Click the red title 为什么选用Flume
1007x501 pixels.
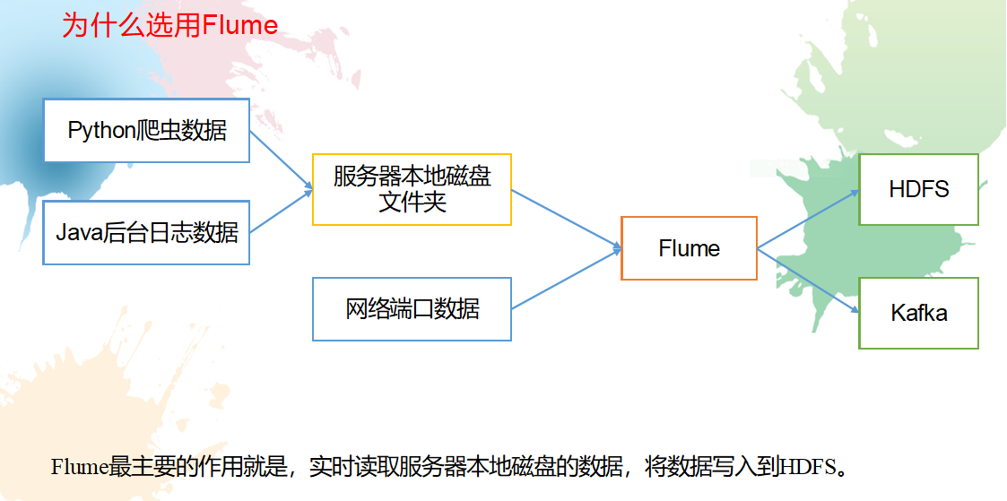[x=169, y=25]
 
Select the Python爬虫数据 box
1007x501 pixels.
[x=146, y=131]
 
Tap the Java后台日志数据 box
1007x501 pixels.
[x=146, y=233]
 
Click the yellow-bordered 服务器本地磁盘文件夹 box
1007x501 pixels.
[x=412, y=189]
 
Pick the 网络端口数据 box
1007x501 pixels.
[x=412, y=309]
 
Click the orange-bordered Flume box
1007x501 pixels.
[x=689, y=248]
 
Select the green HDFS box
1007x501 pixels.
[x=918, y=189]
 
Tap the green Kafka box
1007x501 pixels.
[x=918, y=313]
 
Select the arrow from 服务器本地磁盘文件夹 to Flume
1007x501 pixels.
[x=566, y=219]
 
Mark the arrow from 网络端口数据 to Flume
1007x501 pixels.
[x=566, y=279]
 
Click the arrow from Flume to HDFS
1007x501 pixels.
[x=808, y=219]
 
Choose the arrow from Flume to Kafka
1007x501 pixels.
[x=808, y=280]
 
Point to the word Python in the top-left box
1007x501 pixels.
[x=100, y=131]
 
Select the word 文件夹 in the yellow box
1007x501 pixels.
[x=412, y=203]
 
